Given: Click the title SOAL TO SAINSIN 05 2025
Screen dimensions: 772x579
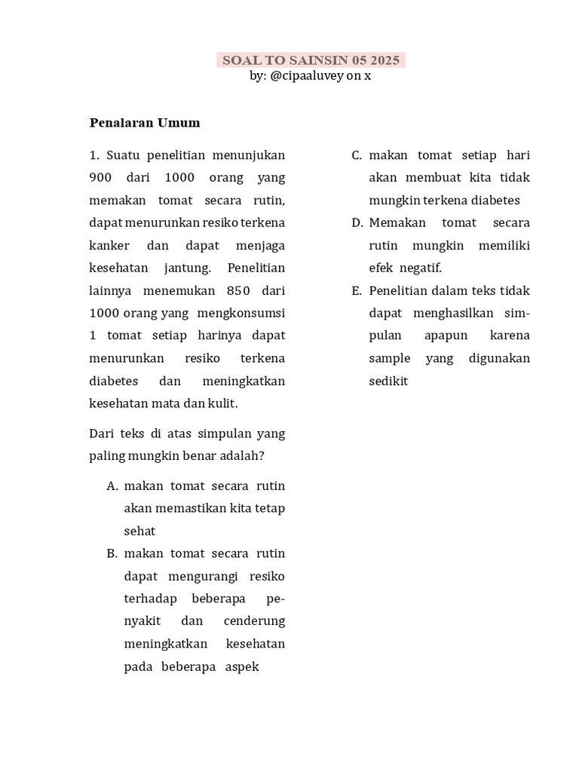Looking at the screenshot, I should [311, 60].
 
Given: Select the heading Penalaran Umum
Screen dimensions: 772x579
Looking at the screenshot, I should [145, 122].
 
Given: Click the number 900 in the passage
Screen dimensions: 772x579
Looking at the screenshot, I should [100, 178].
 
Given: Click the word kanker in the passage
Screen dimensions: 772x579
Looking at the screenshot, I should [109, 246].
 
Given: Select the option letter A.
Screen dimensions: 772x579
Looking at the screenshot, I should [112, 486].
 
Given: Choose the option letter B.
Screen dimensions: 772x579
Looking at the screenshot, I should [112, 554].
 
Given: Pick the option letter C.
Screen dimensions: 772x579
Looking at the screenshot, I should [357, 155].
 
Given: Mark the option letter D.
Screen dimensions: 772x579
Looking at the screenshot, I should [357, 223].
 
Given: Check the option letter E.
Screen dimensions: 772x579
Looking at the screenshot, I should [357, 291].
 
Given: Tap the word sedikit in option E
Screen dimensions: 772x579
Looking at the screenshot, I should [388, 381].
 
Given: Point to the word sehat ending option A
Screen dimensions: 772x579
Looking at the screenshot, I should [139, 532].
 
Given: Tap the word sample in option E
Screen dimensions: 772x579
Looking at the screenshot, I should [388, 359].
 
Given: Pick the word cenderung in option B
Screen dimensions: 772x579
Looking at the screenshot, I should [255, 622].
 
